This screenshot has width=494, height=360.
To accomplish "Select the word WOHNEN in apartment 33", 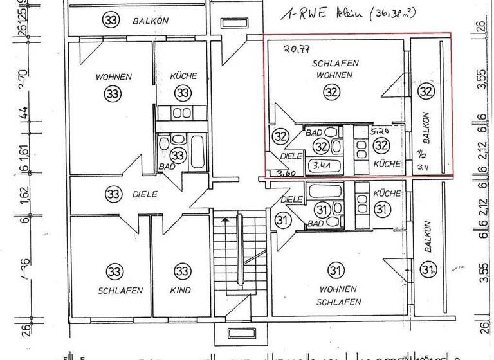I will click(114, 76).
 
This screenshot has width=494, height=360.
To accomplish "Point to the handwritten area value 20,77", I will click(297, 47).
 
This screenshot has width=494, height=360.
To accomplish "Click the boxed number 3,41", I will click(321, 165).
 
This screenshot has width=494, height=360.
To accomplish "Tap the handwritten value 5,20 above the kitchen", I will click(380, 130).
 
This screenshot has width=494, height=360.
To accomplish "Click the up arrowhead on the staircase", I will click(224, 220).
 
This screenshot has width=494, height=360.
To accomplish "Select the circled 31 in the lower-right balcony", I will click(428, 269).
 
